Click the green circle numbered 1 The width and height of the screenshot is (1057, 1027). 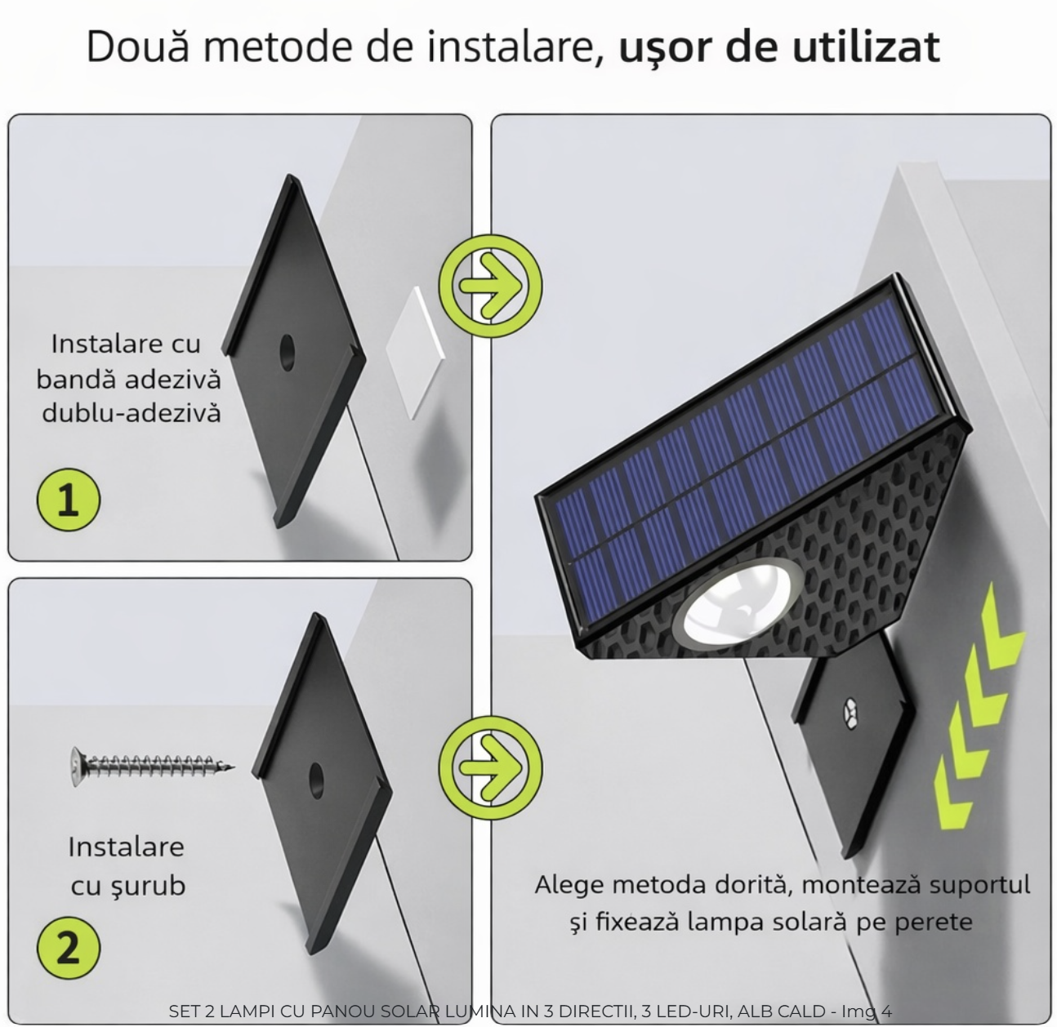(x=69, y=500)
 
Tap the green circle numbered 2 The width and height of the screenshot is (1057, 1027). (x=69, y=948)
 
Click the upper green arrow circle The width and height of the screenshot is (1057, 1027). (x=490, y=286)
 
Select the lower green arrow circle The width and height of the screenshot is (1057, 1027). (x=490, y=767)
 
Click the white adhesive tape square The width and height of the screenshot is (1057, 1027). (x=416, y=353)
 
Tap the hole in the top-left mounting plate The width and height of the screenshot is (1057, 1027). (x=287, y=353)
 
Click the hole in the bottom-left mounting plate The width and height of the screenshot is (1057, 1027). (x=316, y=780)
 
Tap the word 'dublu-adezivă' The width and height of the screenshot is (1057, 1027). (x=132, y=414)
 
